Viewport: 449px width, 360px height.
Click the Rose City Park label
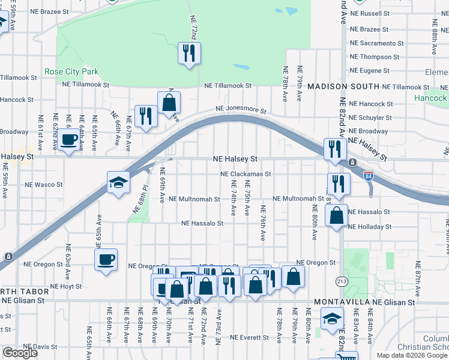click(71, 72)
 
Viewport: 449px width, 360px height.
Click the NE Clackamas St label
click(246, 174)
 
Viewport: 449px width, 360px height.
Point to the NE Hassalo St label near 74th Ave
click(203, 223)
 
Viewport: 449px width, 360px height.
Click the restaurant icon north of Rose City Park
click(189, 53)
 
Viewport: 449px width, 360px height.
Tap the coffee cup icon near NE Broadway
click(69, 141)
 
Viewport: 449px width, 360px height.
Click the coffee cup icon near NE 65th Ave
click(106, 259)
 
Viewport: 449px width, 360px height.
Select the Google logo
click(20, 353)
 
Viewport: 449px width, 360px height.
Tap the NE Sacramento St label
click(376, 43)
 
